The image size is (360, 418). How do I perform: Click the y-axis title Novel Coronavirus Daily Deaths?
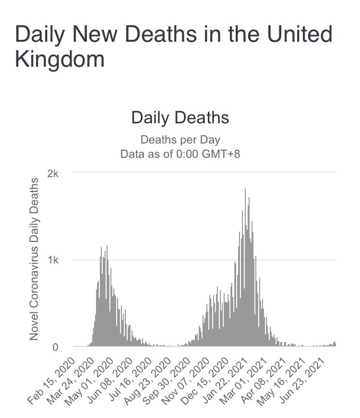[34, 259]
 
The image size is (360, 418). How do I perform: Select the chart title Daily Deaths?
[180, 118]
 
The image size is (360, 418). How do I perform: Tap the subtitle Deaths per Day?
[180, 140]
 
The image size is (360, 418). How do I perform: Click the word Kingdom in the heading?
[60, 60]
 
